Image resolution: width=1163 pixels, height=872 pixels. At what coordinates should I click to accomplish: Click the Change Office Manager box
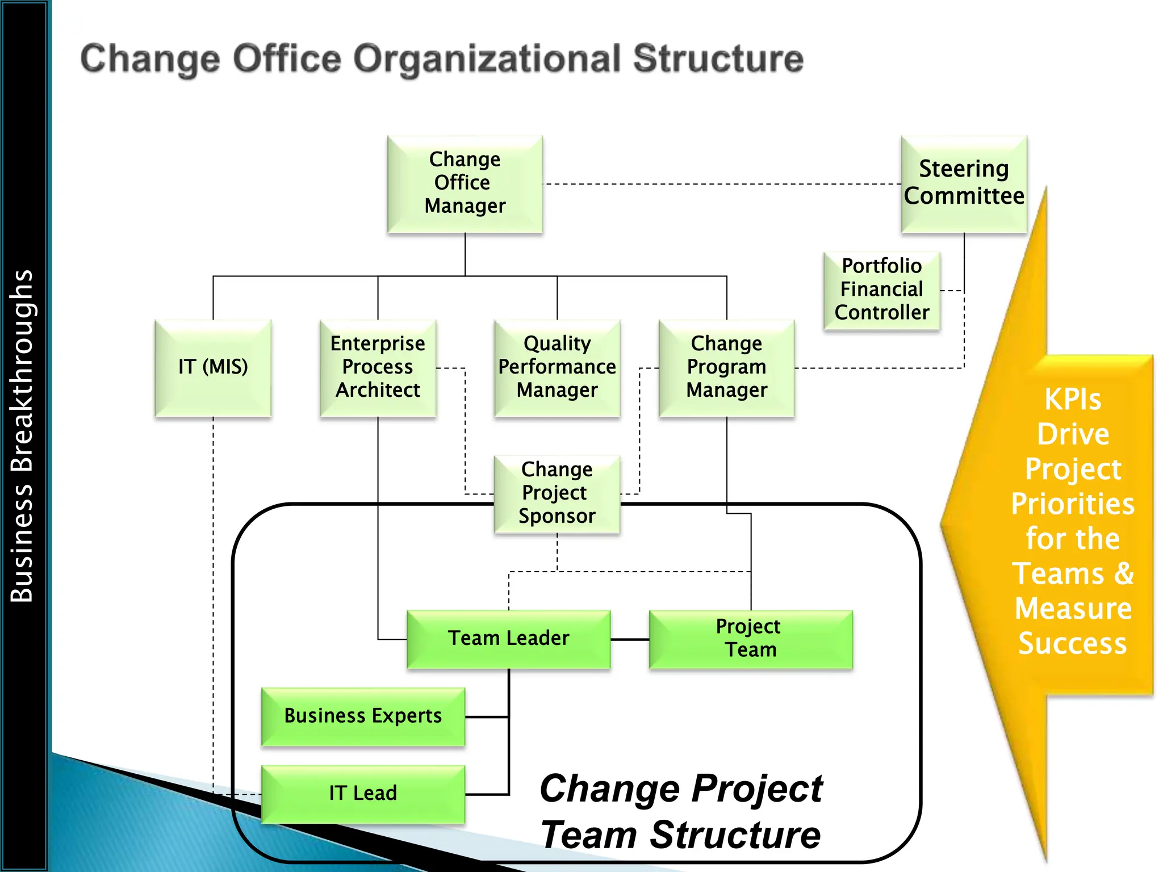pos(465,183)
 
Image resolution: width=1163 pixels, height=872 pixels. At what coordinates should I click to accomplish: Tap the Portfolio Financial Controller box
pos(881,290)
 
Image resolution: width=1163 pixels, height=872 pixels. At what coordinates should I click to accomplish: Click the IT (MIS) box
pos(213,367)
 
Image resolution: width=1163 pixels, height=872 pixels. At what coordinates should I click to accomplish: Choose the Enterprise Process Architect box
pos(378,367)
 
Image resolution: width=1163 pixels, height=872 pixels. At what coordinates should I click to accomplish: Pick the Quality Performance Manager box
pos(557,367)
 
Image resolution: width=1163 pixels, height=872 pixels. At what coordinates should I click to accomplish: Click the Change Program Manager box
pos(726,367)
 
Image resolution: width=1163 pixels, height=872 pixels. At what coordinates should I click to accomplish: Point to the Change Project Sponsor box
pos(557,493)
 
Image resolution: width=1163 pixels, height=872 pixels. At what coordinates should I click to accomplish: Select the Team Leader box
pos(508,639)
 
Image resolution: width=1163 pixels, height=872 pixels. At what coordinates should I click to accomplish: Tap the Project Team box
pos(750,639)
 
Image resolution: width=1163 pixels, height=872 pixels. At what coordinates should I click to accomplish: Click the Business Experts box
pos(363,716)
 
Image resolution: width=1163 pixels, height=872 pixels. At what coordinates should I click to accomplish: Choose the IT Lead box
pos(363,793)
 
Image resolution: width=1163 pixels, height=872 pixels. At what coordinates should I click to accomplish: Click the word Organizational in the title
pos(487,59)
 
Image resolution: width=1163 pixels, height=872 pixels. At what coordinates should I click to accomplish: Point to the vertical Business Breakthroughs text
pos(22,436)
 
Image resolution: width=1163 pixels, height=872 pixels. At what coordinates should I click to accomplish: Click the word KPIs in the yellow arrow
pos(1073,400)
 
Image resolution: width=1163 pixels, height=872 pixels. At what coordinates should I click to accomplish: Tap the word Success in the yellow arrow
pos(1073,643)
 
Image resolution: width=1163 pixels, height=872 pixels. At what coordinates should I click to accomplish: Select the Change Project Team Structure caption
pos(681,812)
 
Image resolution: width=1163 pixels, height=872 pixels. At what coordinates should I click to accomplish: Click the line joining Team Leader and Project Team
pos(630,640)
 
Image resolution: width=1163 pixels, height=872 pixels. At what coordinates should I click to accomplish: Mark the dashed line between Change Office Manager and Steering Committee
pos(721,184)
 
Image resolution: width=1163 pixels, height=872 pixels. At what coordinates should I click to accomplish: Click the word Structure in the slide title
pos(718,59)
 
